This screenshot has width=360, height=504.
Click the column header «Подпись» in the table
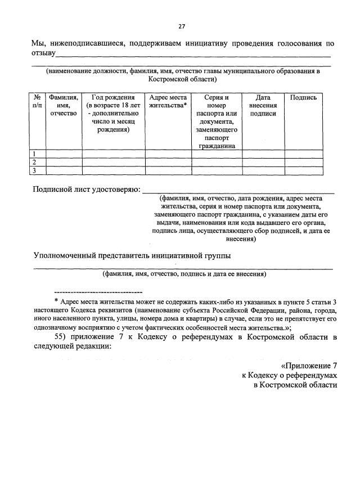pos(303,98)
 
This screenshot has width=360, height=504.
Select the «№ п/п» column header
pos(37,101)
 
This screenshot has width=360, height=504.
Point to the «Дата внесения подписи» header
pos(263,105)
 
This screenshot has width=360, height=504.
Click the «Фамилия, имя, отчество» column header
pos(64,105)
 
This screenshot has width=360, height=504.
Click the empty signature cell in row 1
pos(303,154)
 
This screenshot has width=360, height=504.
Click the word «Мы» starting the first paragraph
pos(38,43)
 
